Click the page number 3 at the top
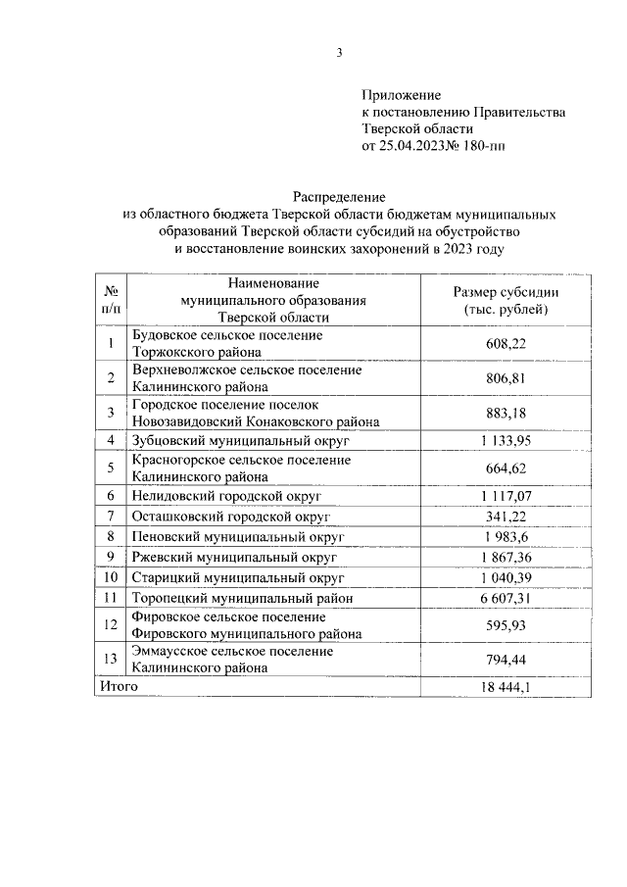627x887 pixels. (x=339, y=52)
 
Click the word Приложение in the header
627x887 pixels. (x=402, y=95)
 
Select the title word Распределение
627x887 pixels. (x=339, y=197)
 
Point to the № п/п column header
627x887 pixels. (x=112, y=300)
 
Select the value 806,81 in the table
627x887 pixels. (x=506, y=378)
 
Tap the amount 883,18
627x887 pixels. (x=506, y=413)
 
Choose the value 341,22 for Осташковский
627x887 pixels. (x=506, y=516)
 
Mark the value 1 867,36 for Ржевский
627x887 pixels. (x=506, y=557)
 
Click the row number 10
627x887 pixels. (x=112, y=577)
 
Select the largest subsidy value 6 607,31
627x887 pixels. (x=506, y=598)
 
